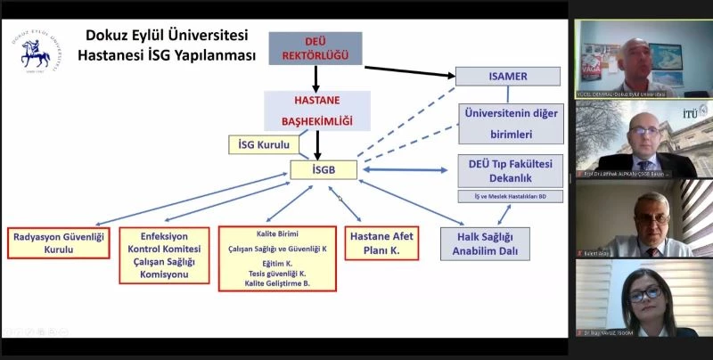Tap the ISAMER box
click(509, 76)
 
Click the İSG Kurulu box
click(265, 143)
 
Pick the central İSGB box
click(324, 168)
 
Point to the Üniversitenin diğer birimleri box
click(511, 124)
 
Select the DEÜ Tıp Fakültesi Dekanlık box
click(504, 170)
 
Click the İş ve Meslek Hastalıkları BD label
click(504, 196)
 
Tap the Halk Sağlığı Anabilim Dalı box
click(486, 243)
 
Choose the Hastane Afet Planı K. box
click(381, 244)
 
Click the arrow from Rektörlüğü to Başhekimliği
click(316, 78)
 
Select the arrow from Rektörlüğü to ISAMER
click(410, 70)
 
